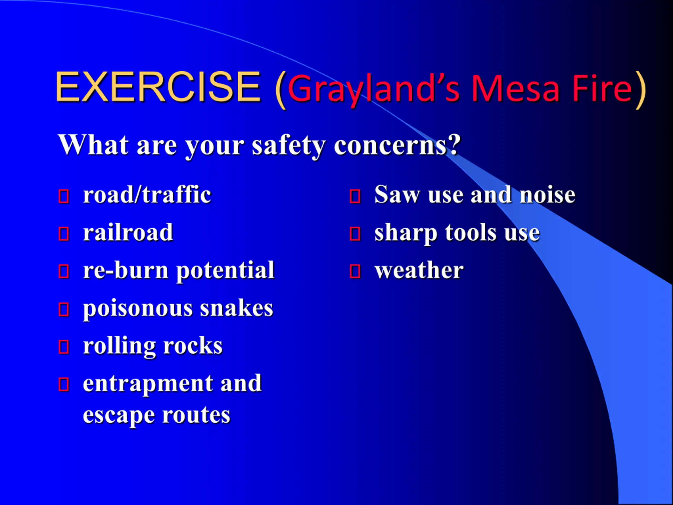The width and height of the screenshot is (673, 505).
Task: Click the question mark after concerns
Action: [x=454, y=145]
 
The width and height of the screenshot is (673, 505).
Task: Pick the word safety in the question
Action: [x=288, y=147]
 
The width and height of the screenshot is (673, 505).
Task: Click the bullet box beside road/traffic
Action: [x=64, y=196]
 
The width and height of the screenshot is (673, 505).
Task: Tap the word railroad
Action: [x=128, y=233]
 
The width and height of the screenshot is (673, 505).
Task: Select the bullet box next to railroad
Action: [x=64, y=234]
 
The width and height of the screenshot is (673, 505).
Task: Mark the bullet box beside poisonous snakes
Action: [x=64, y=309]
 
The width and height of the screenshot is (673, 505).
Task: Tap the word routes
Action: [x=196, y=416]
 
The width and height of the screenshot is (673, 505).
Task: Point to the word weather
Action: [x=419, y=270]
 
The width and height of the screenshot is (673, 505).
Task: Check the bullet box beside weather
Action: [x=355, y=271]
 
